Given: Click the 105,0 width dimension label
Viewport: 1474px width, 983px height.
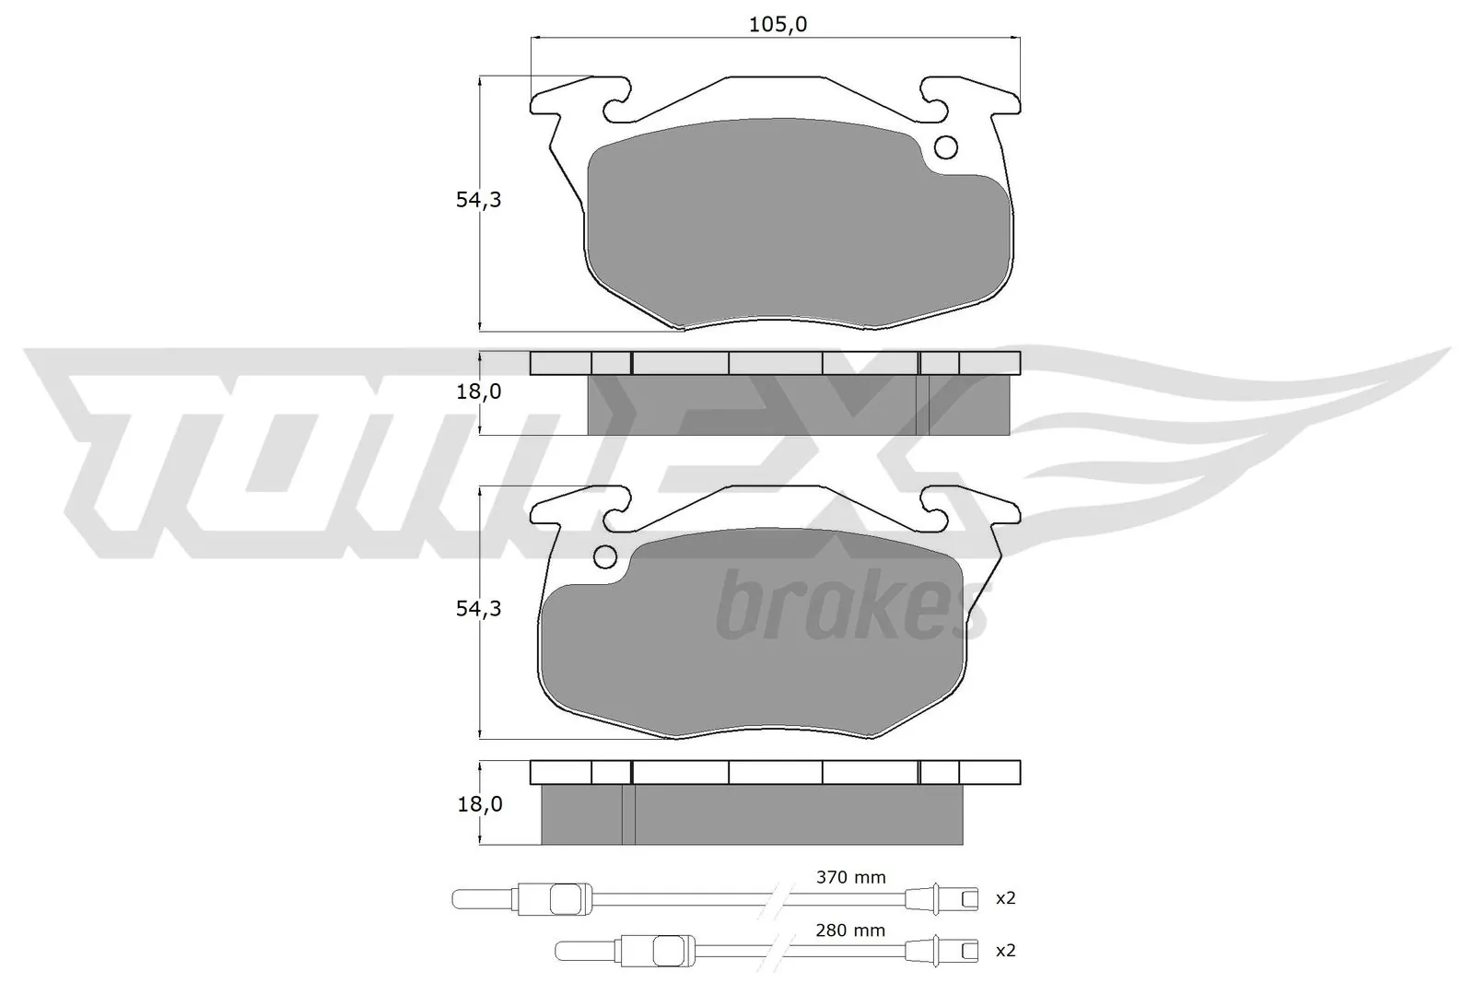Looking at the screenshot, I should [x=777, y=25].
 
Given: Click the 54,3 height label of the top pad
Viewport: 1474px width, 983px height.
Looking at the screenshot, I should [x=478, y=200].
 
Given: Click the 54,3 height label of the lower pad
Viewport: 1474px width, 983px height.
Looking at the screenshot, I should [x=478, y=609].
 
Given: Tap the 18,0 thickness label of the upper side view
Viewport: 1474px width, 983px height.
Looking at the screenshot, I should [x=479, y=392].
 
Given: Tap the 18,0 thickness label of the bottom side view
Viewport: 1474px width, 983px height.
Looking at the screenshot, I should [x=479, y=804].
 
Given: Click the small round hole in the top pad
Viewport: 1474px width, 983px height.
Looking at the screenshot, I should [x=946, y=146].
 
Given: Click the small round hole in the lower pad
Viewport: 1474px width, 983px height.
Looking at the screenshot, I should [x=605, y=556].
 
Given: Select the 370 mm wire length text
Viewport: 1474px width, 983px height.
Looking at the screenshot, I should [x=850, y=877].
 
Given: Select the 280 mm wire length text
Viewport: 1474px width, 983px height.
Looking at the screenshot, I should [x=850, y=930].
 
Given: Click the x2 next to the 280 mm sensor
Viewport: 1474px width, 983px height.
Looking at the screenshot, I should [x=1005, y=951].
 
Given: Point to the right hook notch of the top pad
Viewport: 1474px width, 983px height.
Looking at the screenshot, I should [x=933, y=99].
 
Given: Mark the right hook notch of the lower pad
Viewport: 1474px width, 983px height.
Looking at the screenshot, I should [x=933, y=509].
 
